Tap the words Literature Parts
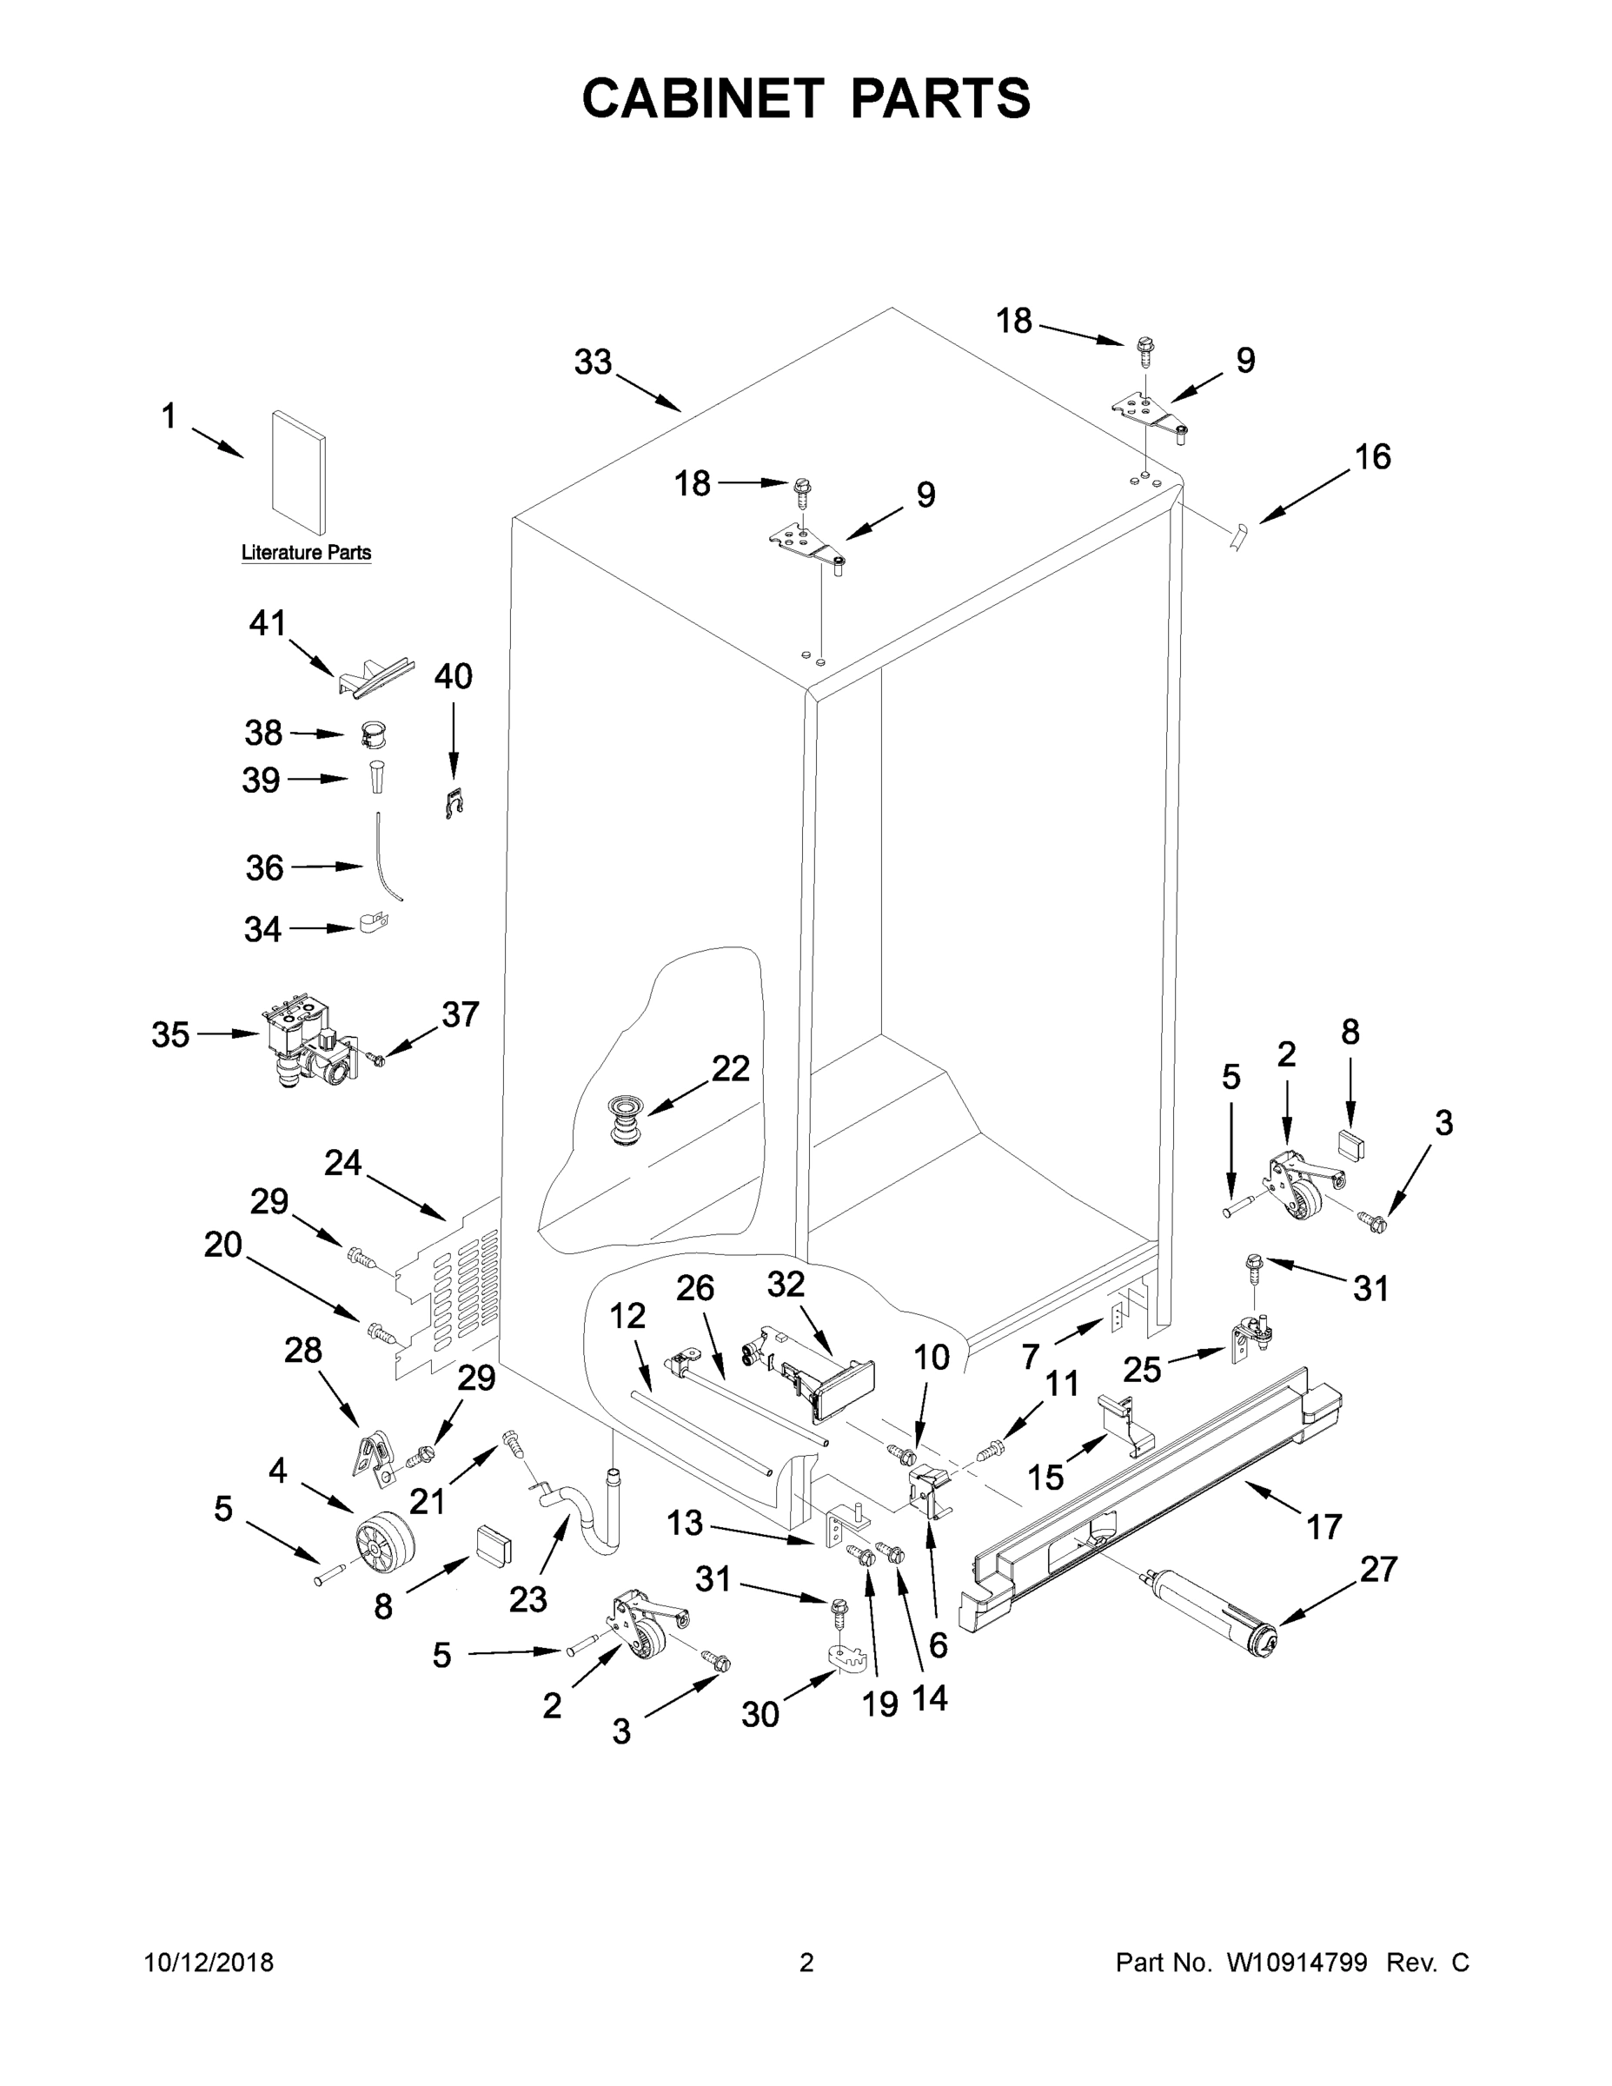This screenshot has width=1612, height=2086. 306,552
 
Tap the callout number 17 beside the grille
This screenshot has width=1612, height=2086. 1323,1527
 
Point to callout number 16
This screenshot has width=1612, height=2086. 1372,457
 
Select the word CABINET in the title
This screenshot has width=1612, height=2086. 702,97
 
